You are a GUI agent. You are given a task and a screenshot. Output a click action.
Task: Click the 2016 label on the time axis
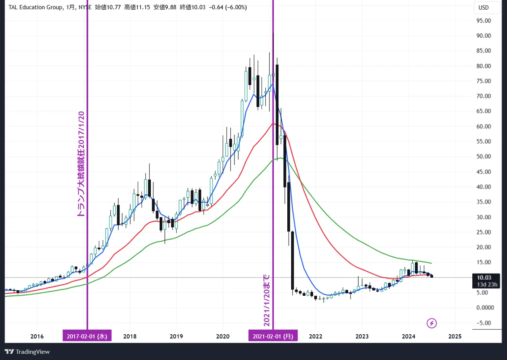click(x=37, y=336)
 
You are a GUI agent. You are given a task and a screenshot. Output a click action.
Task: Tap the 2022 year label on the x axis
click(x=316, y=336)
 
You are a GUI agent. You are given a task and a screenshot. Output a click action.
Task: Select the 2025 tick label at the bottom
click(x=455, y=336)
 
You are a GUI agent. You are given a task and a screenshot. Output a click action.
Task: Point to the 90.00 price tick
click(x=484, y=35)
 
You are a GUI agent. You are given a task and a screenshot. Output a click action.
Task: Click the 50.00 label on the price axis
click(x=484, y=156)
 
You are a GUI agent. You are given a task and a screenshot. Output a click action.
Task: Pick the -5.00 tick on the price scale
click(x=484, y=323)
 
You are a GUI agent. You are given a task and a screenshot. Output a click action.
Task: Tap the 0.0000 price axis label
click(x=485, y=308)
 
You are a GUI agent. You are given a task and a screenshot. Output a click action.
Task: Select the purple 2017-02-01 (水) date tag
click(x=87, y=335)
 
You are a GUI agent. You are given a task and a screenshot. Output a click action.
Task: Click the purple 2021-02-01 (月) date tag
click(x=273, y=335)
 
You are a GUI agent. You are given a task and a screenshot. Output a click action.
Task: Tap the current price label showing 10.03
click(x=486, y=281)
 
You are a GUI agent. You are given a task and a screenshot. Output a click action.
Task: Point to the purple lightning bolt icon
click(x=431, y=323)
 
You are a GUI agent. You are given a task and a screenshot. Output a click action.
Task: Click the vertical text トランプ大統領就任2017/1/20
click(x=81, y=164)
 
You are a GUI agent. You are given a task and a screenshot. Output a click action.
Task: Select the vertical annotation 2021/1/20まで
click(x=267, y=300)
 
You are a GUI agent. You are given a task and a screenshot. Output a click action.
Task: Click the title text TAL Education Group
click(x=36, y=8)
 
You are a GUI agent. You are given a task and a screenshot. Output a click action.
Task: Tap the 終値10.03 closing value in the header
click(x=193, y=8)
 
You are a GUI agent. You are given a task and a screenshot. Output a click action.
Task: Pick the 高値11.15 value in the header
click(x=137, y=8)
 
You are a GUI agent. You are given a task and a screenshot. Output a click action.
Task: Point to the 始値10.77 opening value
click(x=108, y=8)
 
